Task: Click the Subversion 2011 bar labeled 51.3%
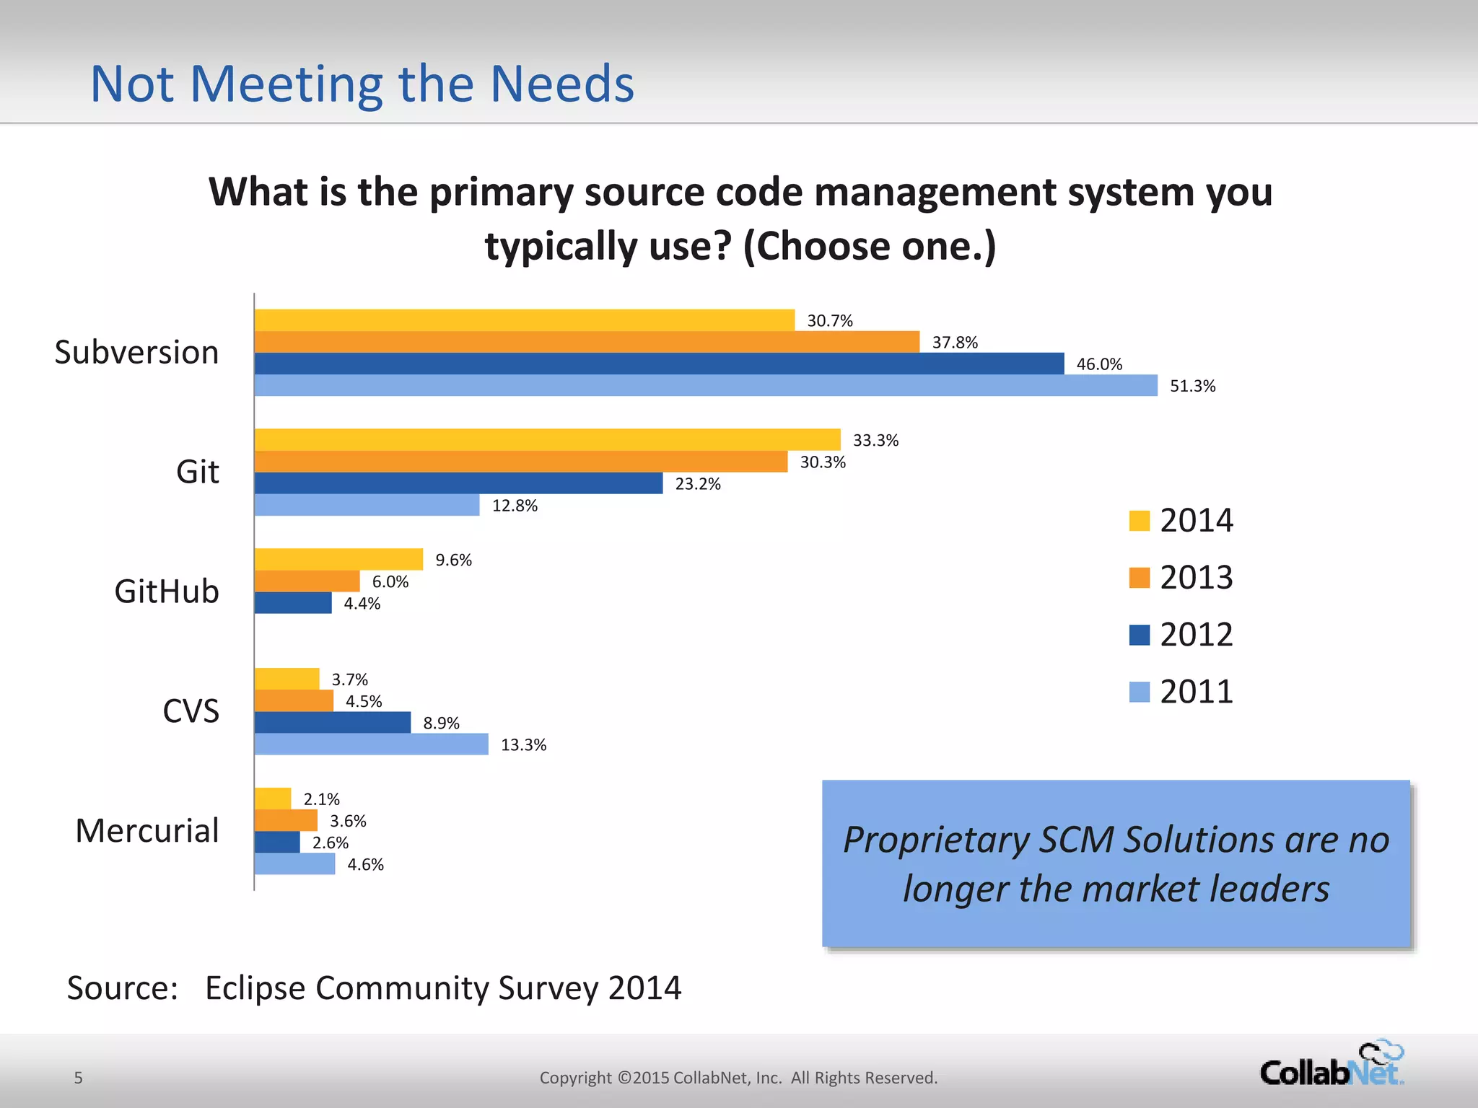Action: tap(706, 385)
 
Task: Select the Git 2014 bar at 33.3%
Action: tap(547, 439)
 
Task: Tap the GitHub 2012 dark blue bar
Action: tap(293, 603)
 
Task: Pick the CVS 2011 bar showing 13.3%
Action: tap(371, 744)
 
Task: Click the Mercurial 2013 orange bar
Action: tap(286, 820)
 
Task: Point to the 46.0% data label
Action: tap(1098, 364)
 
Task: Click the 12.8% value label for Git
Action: tap(515, 506)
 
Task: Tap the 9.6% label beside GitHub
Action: tap(453, 560)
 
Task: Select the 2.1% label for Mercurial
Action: tap(321, 799)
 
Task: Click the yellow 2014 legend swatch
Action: tap(1139, 521)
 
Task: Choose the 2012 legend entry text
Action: tap(1196, 635)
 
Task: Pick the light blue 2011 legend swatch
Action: tap(1139, 692)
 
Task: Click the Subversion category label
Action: tap(136, 353)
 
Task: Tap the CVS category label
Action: tap(191, 711)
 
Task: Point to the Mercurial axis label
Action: tap(147, 831)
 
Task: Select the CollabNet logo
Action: tap(1331, 1065)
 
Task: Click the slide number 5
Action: tap(79, 1078)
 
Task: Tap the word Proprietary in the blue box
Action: tap(936, 840)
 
